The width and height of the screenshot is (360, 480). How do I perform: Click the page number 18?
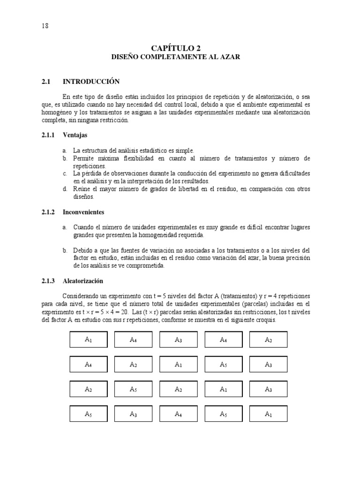(x=45, y=26)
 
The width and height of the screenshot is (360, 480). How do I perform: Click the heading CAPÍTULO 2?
(x=175, y=48)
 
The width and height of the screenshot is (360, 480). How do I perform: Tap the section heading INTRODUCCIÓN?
(x=91, y=82)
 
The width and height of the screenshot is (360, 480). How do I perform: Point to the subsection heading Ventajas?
(x=75, y=135)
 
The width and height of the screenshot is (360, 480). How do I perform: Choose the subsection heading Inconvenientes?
(x=85, y=212)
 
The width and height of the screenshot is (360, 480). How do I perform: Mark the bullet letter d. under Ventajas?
(x=65, y=189)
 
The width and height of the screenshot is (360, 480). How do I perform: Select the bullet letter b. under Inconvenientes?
(x=65, y=250)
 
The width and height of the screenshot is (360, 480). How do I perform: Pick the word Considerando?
(x=81, y=296)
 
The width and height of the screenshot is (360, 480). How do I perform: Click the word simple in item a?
(x=185, y=150)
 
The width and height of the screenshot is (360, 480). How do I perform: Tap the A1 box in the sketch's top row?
(x=89, y=340)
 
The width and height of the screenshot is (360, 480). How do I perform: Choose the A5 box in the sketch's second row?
(x=223, y=364)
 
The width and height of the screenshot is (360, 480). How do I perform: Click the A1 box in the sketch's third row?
(x=223, y=389)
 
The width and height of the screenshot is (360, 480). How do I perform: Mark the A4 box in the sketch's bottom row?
(x=178, y=414)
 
